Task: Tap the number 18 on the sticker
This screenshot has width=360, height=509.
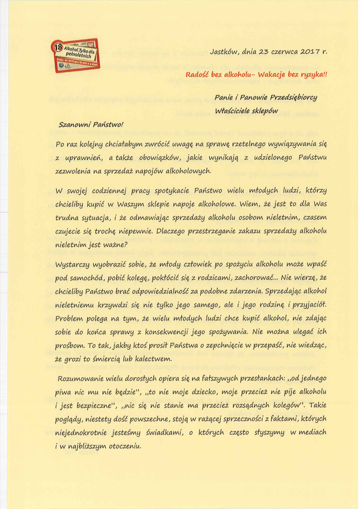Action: [58, 47]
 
